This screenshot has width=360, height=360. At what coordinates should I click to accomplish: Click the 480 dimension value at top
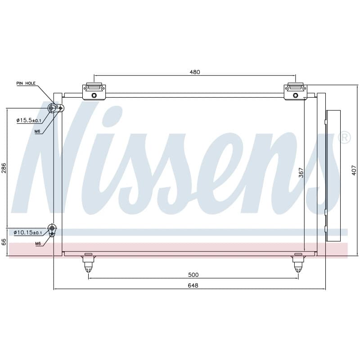point(195,72)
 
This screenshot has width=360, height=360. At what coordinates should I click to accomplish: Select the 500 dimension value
point(193,275)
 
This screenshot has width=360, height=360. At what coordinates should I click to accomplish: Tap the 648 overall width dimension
point(193,285)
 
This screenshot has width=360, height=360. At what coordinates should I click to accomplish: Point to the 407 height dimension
point(354,171)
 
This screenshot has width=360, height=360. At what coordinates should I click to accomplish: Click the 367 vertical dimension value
point(301,173)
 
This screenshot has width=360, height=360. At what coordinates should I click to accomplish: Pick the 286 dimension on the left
point(4,168)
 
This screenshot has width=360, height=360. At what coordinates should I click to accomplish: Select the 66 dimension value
point(4,242)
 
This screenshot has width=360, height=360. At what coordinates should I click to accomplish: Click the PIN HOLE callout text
point(26,83)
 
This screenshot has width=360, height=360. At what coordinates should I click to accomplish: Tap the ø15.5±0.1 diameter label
point(29,120)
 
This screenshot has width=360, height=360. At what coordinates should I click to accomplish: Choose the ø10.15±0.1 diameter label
point(28,233)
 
